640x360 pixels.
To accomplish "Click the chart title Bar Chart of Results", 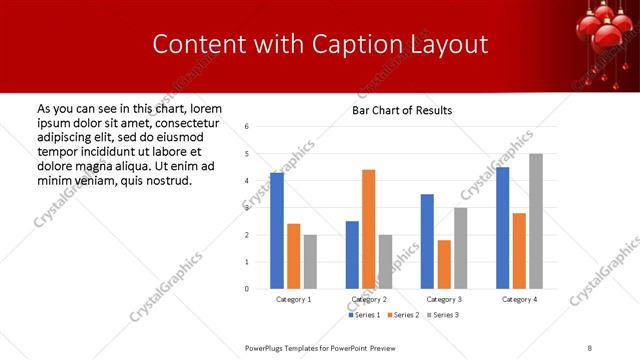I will click(401, 110).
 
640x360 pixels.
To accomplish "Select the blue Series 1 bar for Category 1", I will click(277, 231).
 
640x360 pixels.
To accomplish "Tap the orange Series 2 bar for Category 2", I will click(368, 229).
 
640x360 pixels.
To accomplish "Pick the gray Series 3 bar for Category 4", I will click(536, 221).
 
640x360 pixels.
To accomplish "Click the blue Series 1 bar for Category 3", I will click(427, 241).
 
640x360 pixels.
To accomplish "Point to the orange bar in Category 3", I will click(444, 264).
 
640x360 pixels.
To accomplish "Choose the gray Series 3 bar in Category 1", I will click(310, 262).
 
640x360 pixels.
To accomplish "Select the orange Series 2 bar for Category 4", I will click(519, 251).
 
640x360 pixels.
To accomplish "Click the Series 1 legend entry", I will click(364, 315).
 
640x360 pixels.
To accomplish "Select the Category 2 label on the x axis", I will click(369, 299).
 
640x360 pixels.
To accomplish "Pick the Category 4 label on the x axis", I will click(519, 299).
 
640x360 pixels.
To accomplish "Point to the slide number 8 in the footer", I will click(590, 348).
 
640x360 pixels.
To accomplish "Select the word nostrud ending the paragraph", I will click(166, 180).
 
